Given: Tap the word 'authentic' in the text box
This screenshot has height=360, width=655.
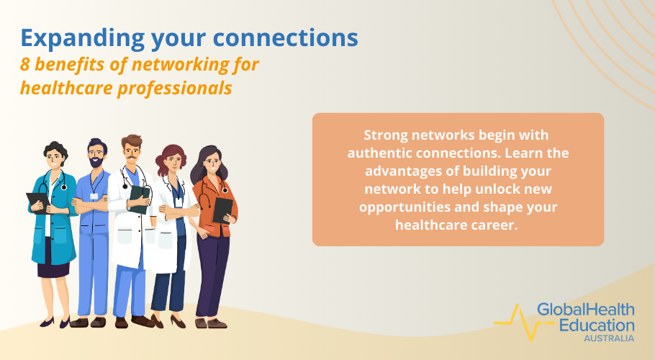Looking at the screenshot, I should [x=378, y=153].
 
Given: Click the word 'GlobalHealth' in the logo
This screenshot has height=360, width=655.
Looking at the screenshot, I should [x=586, y=310].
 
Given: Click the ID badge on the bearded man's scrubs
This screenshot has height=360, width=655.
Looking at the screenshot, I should [x=94, y=196].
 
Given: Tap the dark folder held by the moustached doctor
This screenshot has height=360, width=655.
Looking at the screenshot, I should [x=140, y=197].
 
